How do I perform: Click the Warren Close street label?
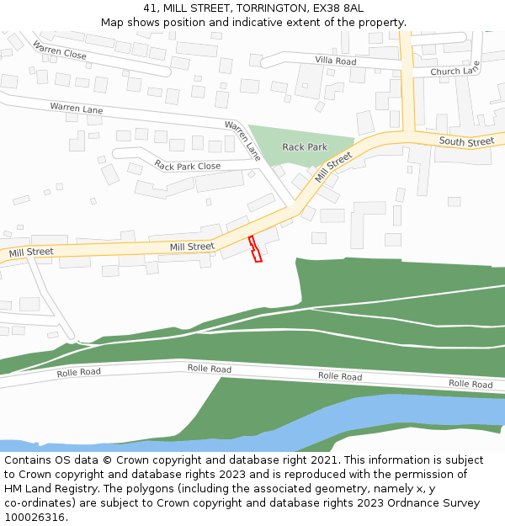click(x=60, y=50)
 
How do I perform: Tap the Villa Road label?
click(x=335, y=61)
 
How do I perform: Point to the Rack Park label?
click(x=305, y=147)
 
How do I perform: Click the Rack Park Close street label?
click(x=188, y=166)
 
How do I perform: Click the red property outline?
click(x=255, y=249)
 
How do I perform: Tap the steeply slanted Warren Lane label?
click(x=242, y=140)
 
